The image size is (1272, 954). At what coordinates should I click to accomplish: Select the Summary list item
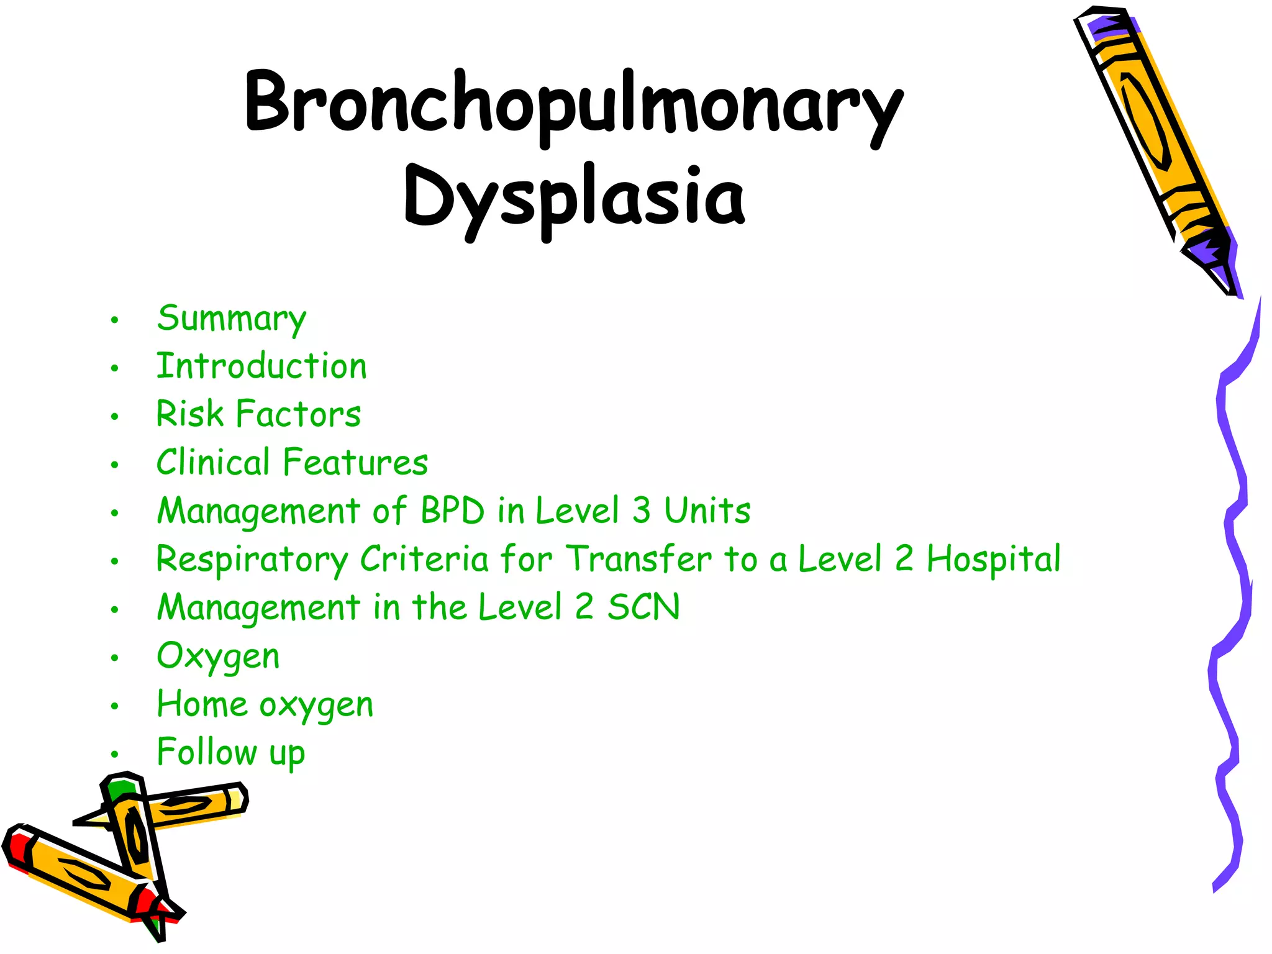[231, 319]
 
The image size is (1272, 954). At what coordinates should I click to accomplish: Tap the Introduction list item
[261, 366]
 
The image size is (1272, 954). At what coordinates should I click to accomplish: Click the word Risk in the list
[189, 414]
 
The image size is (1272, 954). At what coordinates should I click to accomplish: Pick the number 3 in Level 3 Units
[641, 511]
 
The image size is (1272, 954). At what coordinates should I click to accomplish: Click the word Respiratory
[252, 560]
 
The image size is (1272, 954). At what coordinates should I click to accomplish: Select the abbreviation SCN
[643, 607]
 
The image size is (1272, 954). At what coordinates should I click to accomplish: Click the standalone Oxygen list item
[218, 656]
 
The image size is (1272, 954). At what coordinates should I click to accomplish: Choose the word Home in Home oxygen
[202, 704]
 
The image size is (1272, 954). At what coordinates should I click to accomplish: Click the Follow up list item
[230, 753]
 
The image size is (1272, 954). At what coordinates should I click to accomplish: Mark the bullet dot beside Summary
[114, 320]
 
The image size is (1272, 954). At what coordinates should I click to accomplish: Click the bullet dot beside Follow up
[114, 755]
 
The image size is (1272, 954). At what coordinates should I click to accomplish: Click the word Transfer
[638, 559]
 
